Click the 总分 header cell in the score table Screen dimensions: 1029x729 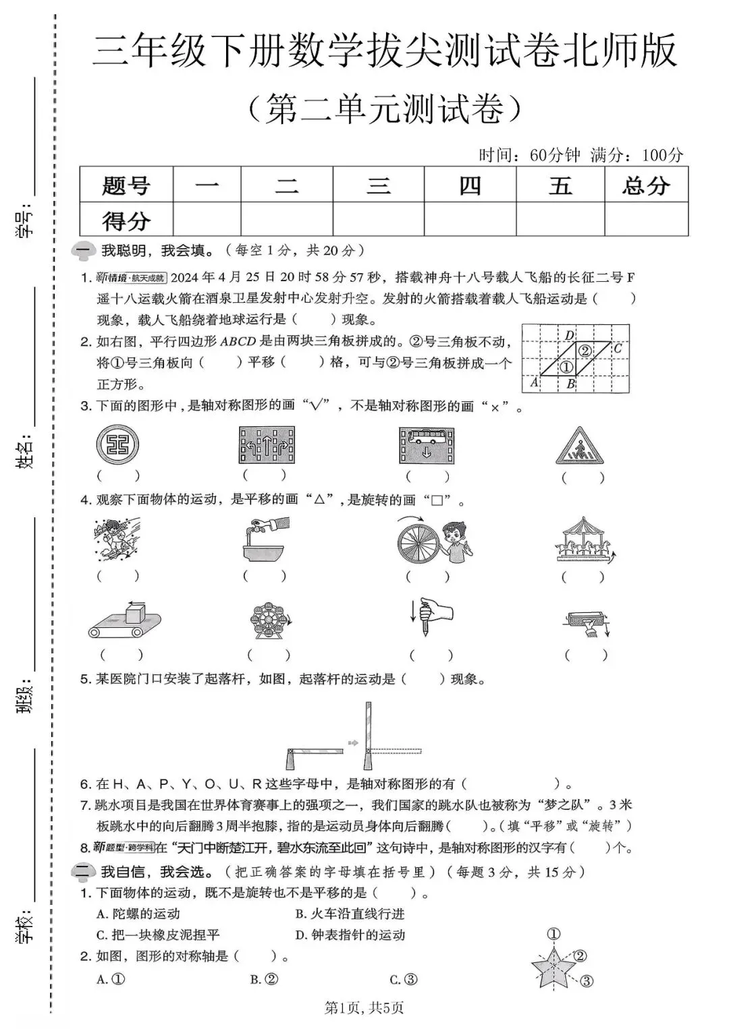tap(646, 185)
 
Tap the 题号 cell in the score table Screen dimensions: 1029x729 tap(126, 185)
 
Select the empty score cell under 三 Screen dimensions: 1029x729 tap(378, 219)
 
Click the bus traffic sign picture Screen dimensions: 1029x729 tap(426, 445)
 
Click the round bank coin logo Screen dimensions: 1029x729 tap(117, 445)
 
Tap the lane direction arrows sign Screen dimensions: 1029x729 tap(267, 445)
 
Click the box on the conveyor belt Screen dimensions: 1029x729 tap(136, 614)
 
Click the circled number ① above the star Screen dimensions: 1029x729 tap(553, 934)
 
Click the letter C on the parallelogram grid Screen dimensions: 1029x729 tap(617, 349)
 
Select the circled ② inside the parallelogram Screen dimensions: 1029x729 tap(585, 351)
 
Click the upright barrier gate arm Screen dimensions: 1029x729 tap(368, 735)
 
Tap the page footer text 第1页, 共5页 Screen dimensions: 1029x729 tap(364, 1008)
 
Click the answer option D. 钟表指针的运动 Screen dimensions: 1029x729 tap(350, 935)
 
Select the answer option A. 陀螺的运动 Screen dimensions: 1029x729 tap(138, 914)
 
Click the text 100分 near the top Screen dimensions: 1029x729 tap(662, 155)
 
